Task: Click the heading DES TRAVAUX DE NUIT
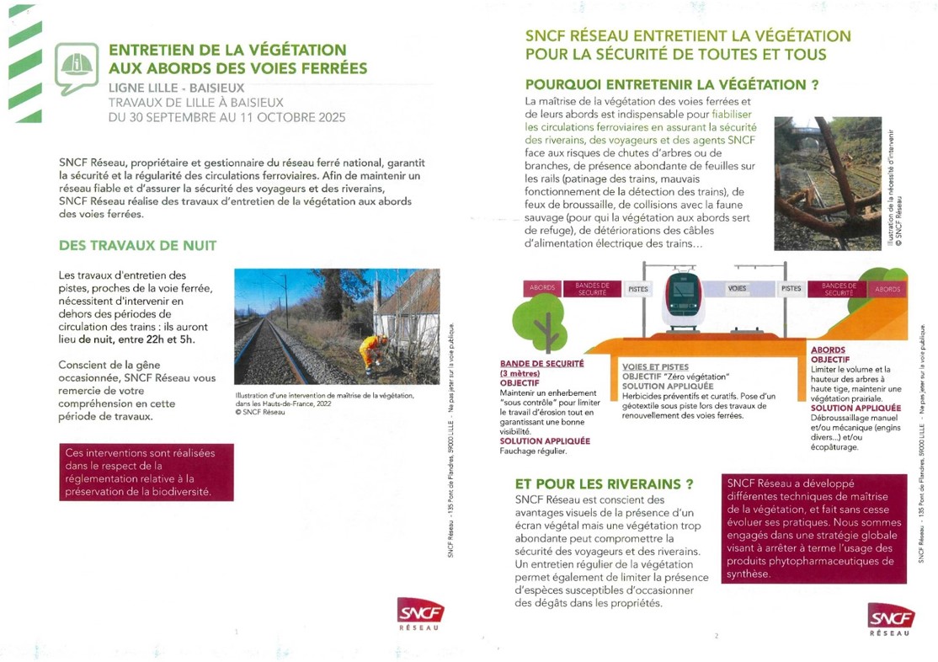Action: pyautogui.click(x=137, y=245)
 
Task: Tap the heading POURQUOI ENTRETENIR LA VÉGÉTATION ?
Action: pyautogui.click(x=672, y=84)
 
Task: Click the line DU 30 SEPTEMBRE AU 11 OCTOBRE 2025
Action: pyautogui.click(x=227, y=117)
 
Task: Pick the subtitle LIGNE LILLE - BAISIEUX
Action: pyautogui.click(x=176, y=88)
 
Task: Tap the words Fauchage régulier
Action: pyautogui.click(x=533, y=451)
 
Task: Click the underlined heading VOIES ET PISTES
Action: pyautogui.click(x=655, y=367)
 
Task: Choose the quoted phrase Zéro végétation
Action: pyautogui.click(x=700, y=376)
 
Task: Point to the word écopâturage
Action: pyautogui.click(x=834, y=447)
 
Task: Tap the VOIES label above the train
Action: pyautogui.click(x=737, y=288)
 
